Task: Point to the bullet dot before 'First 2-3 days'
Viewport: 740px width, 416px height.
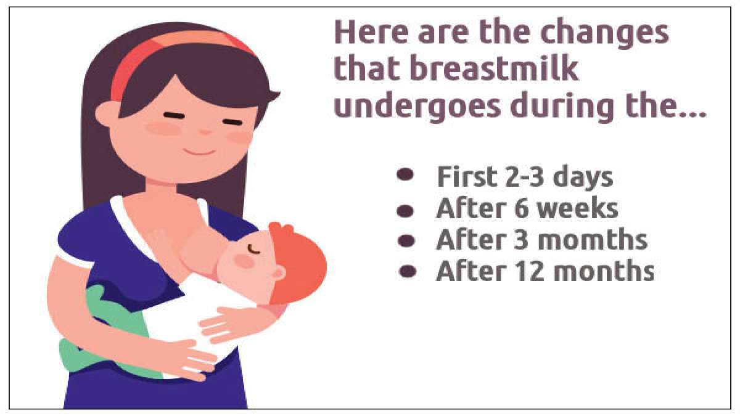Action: tap(405, 176)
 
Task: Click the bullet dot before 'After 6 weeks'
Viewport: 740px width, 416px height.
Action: tap(405, 210)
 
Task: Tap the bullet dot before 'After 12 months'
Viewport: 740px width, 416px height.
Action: tap(405, 271)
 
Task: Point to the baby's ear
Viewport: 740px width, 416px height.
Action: tap(278, 272)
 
